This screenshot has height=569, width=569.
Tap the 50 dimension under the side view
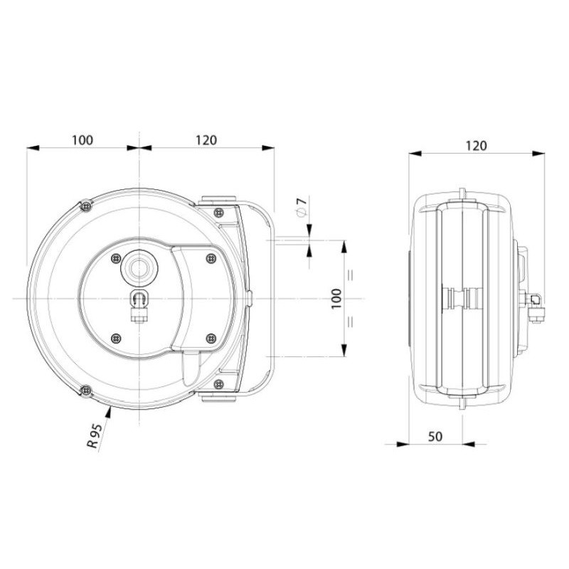[x=435, y=435]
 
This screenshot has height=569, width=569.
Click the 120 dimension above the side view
[x=476, y=145]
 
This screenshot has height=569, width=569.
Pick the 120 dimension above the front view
[x=206, y=140]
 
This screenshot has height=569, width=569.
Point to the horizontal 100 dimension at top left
[x=83, y=140]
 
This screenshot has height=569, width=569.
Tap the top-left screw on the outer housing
[x=85, y=205]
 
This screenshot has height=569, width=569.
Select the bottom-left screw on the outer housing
[x=85, y=390]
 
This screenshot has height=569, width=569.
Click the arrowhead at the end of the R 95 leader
[x=110, y=410]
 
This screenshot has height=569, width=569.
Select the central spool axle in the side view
[x=461, y=298]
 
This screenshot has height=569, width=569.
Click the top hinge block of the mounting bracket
[x=218, y=201]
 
